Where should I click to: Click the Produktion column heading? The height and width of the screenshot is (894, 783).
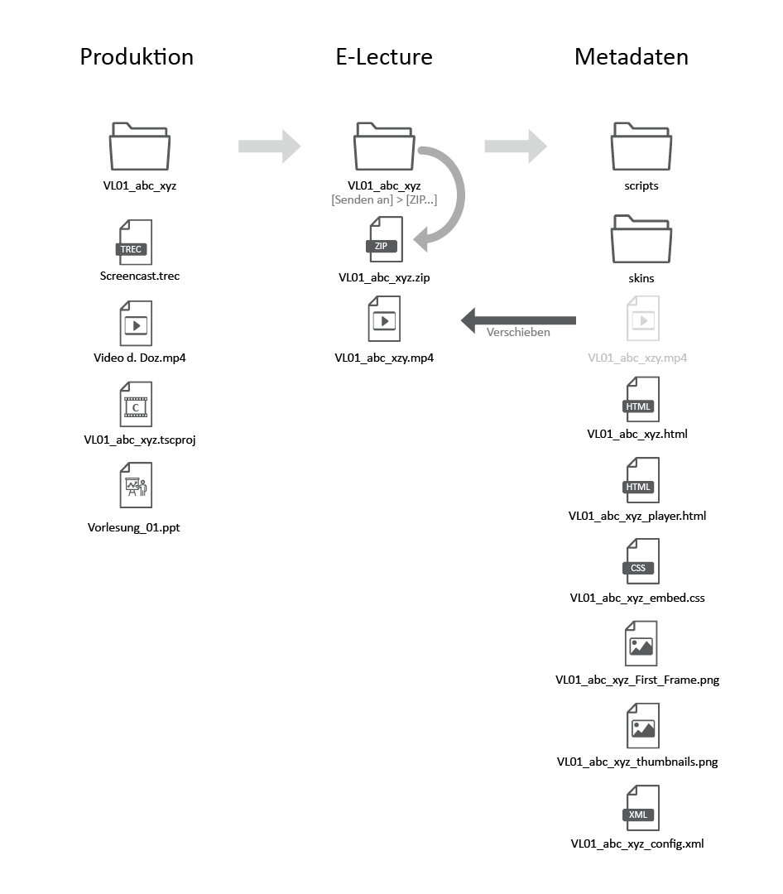point(137,57)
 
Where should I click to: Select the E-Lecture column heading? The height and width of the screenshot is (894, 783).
point(383,57)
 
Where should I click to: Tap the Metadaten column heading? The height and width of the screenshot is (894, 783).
point(631,57)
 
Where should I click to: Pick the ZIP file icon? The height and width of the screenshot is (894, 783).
point(385,240)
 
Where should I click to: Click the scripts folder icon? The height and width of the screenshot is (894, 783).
point(641,147)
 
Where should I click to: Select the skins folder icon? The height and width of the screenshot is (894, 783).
point(641,240)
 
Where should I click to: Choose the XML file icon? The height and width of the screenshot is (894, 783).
point(641,808)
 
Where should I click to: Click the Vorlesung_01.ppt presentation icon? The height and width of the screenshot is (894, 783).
point(136,485)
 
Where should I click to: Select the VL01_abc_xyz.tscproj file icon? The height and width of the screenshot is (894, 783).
point(136,404)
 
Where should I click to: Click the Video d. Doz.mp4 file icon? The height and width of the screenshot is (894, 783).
point(136,323)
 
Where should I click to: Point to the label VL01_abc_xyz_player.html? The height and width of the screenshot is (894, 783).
point(637,516)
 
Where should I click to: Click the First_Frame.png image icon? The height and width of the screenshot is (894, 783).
point(641,643)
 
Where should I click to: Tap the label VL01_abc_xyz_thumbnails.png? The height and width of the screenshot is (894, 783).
point(637,762)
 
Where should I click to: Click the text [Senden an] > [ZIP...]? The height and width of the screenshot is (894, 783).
point(384,200)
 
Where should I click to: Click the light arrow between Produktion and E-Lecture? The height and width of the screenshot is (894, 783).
point(269,147)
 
